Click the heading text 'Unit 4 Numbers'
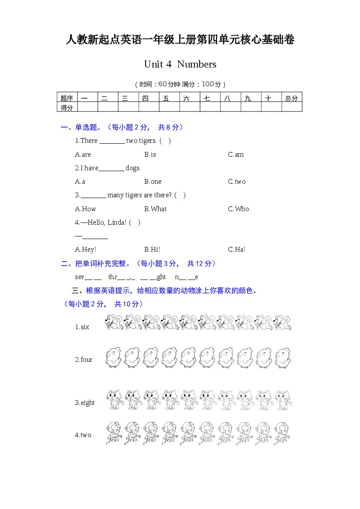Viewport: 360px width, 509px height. [x=180, y=64]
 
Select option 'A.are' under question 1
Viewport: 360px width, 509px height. [x=83, y=155]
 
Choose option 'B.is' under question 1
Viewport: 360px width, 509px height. [x=150, y=155]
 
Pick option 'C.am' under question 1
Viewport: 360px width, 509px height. [x=236, y=155]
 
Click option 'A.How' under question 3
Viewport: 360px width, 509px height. [x=85, y=209]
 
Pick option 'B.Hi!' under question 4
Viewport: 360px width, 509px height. [x=152, y=249]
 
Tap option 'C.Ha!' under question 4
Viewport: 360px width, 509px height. [x=236, y=249]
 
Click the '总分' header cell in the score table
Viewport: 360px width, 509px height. [x=292, y=98]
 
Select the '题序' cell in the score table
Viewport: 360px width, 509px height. [x=67, y=98]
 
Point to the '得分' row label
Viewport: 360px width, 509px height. [x=67, y=108]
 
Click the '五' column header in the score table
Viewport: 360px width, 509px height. [x=166, y=98]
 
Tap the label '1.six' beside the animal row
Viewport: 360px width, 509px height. [x=82, y=327]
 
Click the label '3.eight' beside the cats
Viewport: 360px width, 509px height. [x=85, y=403]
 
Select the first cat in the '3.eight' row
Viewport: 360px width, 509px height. [x=114, y=400]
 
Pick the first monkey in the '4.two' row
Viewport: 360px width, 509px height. [x=113, y=433]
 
